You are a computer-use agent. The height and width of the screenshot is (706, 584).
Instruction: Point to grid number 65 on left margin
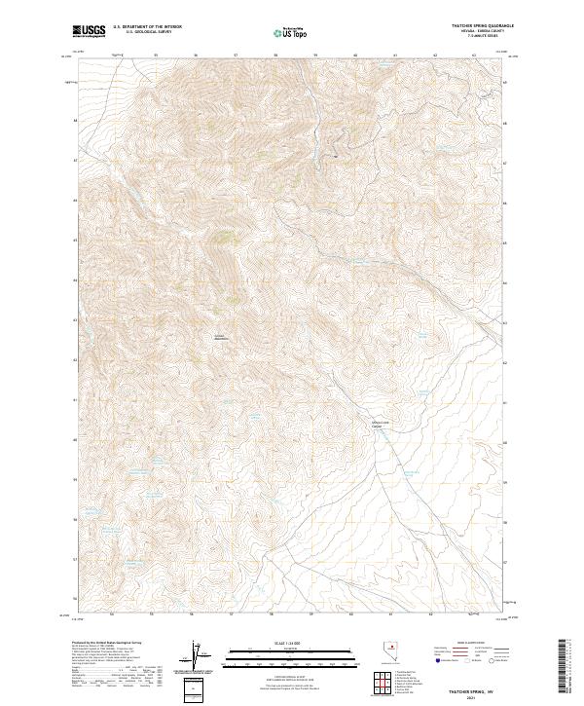tap(74, 240)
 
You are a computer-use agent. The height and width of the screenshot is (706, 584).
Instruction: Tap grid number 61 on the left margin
tap(74, 399)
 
